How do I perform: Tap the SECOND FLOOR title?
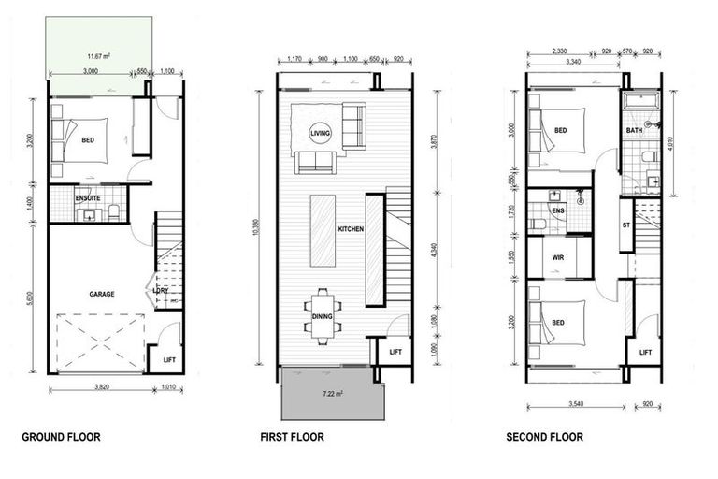point(544,437)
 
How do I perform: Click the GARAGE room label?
point(102,294)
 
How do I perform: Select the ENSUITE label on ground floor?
point(89,198)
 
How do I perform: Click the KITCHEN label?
point(352,229)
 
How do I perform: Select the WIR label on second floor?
point(559,257)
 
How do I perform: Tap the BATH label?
point(635,131)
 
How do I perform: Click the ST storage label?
point(626,226)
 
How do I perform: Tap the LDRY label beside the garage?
point(160,290)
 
